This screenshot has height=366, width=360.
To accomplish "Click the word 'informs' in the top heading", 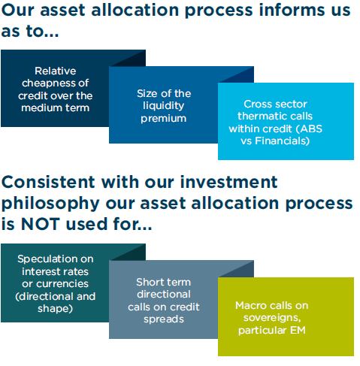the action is pos(283,10).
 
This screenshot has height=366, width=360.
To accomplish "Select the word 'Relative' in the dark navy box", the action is pos(56,71).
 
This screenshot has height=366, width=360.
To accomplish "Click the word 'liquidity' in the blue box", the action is pos(164,106).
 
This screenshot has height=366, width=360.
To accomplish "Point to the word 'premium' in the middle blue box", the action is pos(164,119).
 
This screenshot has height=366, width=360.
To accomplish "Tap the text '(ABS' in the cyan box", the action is pos(309,129).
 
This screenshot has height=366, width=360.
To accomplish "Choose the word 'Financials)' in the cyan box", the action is pos(283,141).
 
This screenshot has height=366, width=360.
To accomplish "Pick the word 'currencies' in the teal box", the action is pos(62,284).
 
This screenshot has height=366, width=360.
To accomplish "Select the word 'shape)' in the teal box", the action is pos(56,309).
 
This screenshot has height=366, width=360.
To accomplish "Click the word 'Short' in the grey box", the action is pos(149,282).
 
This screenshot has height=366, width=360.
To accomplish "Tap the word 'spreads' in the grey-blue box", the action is pos(164,319).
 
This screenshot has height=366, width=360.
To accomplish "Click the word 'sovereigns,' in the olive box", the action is pos(272,318).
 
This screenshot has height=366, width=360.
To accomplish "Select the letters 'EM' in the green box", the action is pos(298,330).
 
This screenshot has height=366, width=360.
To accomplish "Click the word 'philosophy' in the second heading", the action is pos(50,204).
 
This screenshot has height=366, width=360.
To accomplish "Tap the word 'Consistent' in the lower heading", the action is pos(48,182).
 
